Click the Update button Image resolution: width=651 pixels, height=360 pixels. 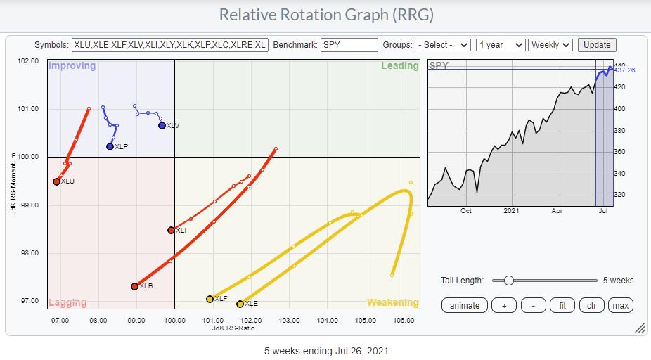pos(597,45)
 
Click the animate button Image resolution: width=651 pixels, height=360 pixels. pos(465,305)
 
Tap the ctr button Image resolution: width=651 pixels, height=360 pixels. pos(592,305)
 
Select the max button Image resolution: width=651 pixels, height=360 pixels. pos(620,305)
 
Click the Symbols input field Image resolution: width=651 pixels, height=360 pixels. pos(170,45)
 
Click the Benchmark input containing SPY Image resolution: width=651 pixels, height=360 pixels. pos(349,45)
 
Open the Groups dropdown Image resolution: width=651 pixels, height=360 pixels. pos(442,45)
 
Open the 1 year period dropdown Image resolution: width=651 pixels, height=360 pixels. pos(500,45)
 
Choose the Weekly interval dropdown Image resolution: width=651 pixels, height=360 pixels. pos(550,45)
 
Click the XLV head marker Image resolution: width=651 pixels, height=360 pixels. pos(162,125)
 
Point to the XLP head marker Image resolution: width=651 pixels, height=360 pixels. pos(110,147)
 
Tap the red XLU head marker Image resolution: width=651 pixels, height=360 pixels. pos(56,181)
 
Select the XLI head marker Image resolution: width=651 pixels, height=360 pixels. pos(171,230)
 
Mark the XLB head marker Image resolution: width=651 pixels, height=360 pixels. pos(134,286)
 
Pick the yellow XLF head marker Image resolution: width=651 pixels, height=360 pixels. pos(210,299)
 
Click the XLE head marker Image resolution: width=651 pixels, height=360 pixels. pos(240,304)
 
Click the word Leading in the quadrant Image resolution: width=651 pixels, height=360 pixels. pos(395,66)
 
